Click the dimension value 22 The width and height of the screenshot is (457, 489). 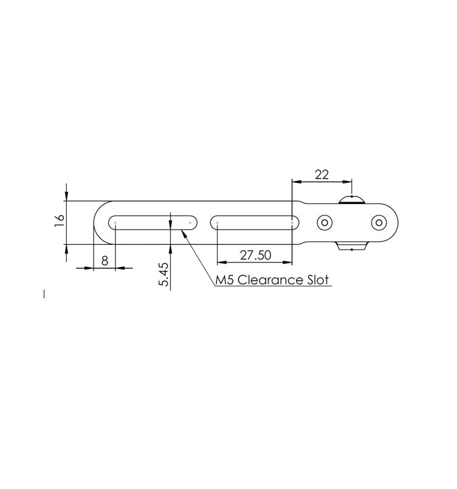pos(321,174)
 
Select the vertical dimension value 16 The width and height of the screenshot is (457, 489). pos(59,221)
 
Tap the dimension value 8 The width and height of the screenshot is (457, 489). pos(105,261)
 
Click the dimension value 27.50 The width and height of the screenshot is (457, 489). pos(255,255)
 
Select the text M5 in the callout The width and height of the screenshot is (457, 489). pos(225,280)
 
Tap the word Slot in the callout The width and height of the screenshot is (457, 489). pos(318,280)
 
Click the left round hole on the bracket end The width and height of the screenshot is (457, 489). pos(325,222)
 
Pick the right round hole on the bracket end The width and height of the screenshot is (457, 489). pos(378,222)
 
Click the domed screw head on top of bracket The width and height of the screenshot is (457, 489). pos(352,200)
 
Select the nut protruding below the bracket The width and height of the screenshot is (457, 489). pos(352,245)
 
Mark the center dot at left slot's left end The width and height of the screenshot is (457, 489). pos(115,222)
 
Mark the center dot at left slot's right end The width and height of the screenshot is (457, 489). pos(190,222)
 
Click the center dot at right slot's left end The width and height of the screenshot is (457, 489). pos(218,222)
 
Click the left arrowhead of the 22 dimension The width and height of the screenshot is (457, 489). pos(296,181)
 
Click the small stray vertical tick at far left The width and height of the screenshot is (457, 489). pos(44,295)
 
